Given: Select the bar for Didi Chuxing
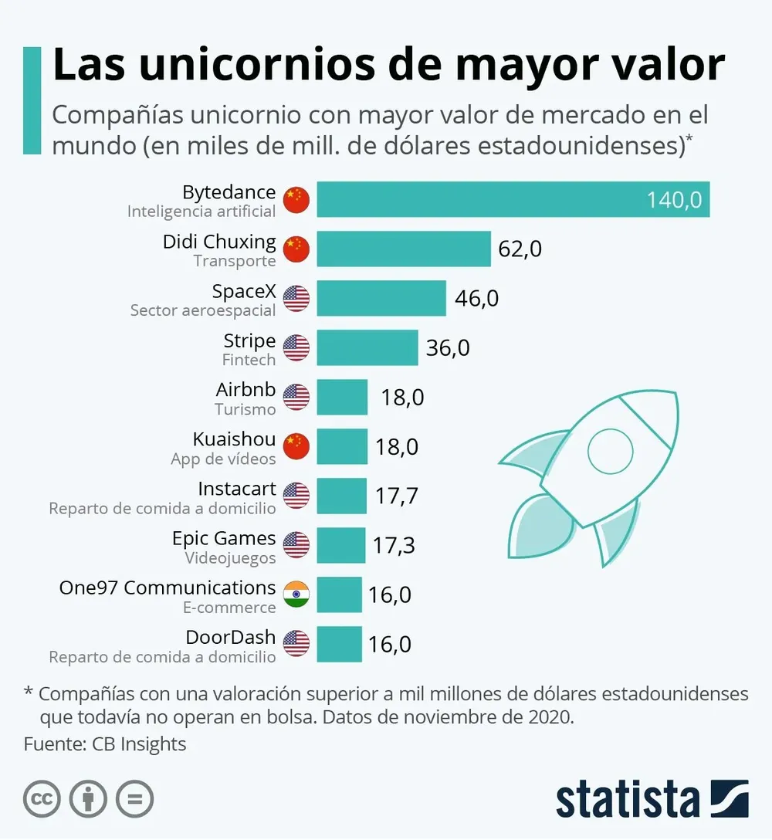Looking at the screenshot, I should tap(404, 249).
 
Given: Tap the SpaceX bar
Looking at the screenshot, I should tap(381, 298).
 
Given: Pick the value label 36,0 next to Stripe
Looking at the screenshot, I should tap(448, 348).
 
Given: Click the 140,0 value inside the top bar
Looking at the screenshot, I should tap(674, 200).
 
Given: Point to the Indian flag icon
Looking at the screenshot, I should tap(296, 594).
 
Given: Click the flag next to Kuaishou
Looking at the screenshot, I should tap(296, 446).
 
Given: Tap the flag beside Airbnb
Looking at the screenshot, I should tap(296, 397).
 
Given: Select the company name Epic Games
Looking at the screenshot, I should tap(224, 538).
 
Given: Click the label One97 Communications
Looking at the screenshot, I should tap(168, 588).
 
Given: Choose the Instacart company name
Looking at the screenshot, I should tap(237, 489).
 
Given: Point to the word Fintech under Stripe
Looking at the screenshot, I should tap(249, 360).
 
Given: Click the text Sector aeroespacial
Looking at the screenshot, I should tap(203, 310).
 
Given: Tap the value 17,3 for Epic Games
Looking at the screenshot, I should tap(394, 546).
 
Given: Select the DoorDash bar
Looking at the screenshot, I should tap(339, 644).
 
